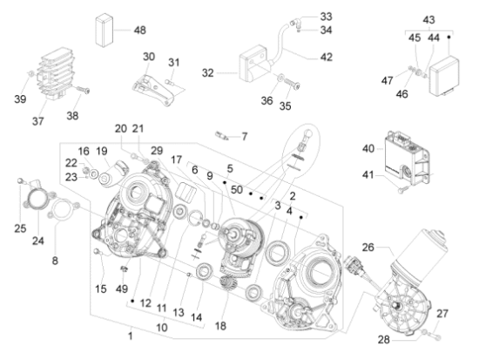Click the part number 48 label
[140, 31]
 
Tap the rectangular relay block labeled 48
[105, 30]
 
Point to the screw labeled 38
[83, 90]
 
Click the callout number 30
[149, 57]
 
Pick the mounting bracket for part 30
[154, 90]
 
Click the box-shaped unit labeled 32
[253, 65]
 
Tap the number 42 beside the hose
[327, 58]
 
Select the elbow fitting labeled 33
[295, 23]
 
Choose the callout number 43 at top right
[428, 20]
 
